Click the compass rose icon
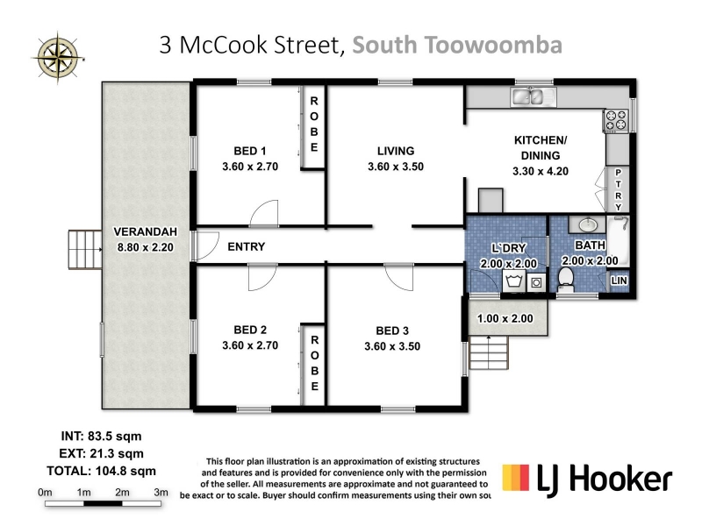[x=58, y=58]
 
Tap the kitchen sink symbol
[x=533, y=97]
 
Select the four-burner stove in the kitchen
[x=616, y=121]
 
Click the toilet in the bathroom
[x=566, y=279]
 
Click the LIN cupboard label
[x=620, y=281]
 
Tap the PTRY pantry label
[x=619, y=190]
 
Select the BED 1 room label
[x=250, y=151]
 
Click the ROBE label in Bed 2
[x=315, y=363]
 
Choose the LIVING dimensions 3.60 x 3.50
[x=396, y=167]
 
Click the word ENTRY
[x=247, y=247]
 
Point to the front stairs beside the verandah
[x=85, y=250]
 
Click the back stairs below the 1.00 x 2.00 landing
[x=489, y=352]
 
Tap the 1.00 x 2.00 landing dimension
[x=505, y=318]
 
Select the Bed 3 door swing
[x=399, y=277]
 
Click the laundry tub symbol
[x=514, y=281]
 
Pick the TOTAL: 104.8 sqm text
[x=102, y=471]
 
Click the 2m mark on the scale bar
[x=122, y=493]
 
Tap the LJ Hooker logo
[x=587, y=480]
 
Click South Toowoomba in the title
[x=457, y=46]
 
